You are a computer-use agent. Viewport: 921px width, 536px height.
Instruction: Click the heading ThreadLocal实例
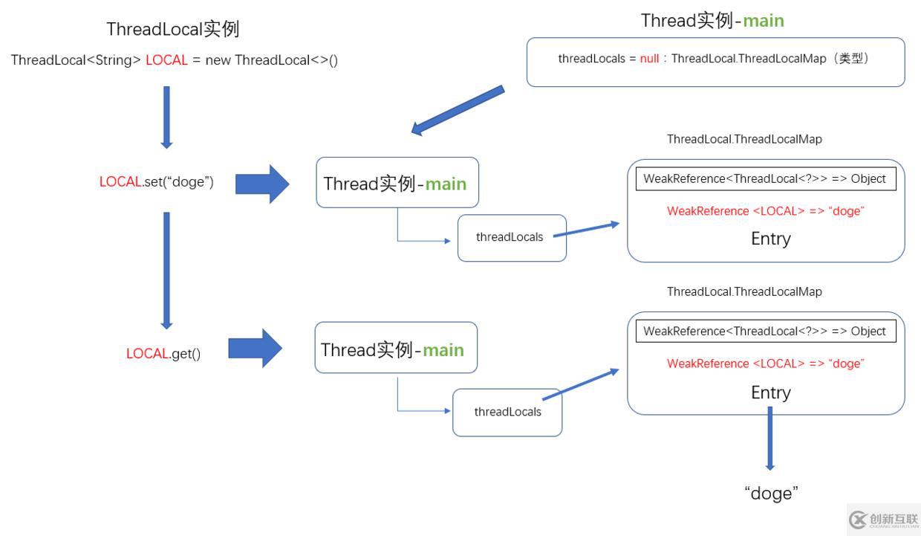pos(172,30)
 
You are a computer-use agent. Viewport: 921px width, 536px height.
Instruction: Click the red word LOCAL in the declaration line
pos(166,60)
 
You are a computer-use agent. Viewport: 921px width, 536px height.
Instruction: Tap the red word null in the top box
pos(649,59)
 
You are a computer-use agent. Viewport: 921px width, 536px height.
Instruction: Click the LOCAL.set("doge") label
pos(157,182)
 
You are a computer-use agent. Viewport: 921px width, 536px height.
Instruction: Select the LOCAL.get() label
pos(163,354)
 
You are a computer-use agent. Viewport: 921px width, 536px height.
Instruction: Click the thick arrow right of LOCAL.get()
pos(255,348)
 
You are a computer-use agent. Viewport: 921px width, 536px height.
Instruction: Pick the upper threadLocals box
pos(511,238)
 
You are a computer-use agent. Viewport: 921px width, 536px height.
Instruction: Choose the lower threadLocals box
pos(507,412)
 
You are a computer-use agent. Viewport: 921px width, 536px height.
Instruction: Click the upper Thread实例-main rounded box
pos(397,183)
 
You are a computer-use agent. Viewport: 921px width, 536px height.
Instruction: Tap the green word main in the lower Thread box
pos(443,349)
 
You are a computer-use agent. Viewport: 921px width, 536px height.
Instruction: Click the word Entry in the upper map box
pos(770,239)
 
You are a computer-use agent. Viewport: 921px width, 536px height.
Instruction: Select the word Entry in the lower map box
pos(770,393)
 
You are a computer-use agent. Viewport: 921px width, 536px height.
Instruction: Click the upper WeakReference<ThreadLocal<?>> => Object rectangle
pos(765,179)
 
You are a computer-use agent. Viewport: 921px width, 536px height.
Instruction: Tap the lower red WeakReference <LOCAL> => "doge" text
pos(766,364)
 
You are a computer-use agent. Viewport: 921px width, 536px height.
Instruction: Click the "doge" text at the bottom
pos(771,493)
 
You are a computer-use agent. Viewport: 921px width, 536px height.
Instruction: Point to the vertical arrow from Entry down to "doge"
pos(769,439)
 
